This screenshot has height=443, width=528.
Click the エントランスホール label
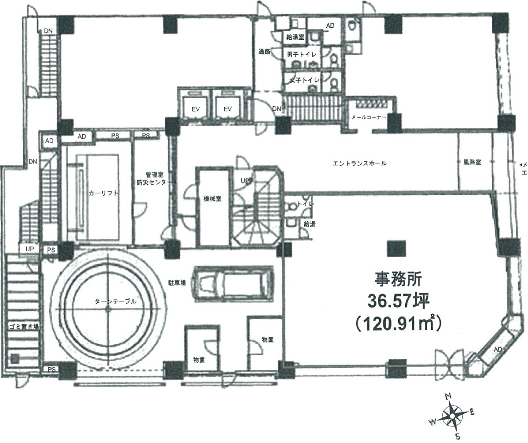pyautogui.click(x=359, y=164)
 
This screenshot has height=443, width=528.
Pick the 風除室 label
pyautogui.click(x=472, y=162)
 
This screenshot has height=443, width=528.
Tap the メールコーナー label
pyautogui.click(x=369, y=117)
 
